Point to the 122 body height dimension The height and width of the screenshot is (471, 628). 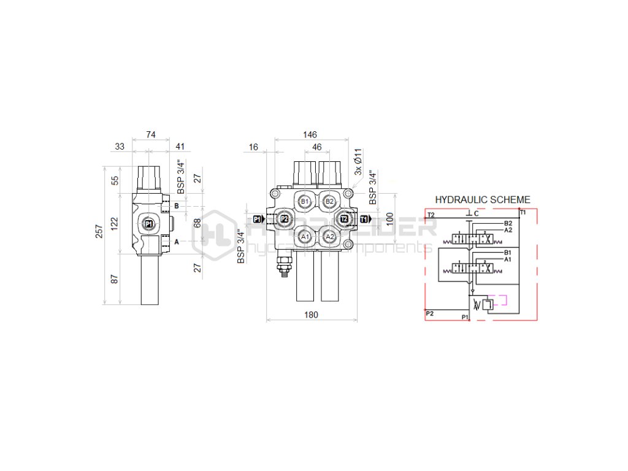coord(113,224)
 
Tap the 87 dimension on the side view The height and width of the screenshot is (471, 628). coord(113,278)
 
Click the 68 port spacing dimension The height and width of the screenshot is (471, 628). coord(197,223)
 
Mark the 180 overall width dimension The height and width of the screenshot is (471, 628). coord(311,315)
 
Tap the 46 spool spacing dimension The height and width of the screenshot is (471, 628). coord(317,147)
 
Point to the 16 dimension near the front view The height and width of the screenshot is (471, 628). coord(253,147)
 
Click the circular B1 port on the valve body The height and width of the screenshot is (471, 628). coord(305,201)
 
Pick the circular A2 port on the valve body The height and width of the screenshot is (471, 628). coord(329,237)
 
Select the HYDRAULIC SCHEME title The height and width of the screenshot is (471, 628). coord(482,200)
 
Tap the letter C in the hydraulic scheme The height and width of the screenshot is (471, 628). coord(476,213)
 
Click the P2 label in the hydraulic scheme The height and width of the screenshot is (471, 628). coord(430,313)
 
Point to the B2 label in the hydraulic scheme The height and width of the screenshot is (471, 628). coord(508,223)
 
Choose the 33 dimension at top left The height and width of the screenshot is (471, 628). coord(120,147)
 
